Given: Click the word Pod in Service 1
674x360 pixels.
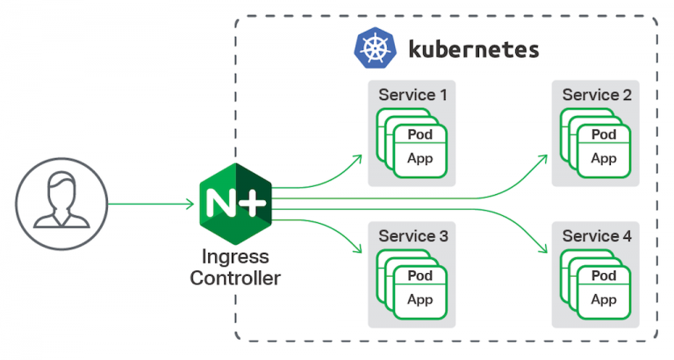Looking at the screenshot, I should pyautogui.click(x=419, y=134).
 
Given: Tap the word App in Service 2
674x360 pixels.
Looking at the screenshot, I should pyautogui.click(x=603, y=159).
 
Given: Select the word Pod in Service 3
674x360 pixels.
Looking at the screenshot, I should pyautogui.click(x=419, y=276).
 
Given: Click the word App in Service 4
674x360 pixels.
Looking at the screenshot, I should pyautogui.click(x=603, y=299).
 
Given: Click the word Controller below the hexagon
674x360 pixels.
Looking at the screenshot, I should pyautogui.click(x=234, y=279).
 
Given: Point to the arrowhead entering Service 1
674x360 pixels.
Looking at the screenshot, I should pyautogui.click(x=358, y=158).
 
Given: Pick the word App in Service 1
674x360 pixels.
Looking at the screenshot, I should pyautogui.click(x=419, y=159).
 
